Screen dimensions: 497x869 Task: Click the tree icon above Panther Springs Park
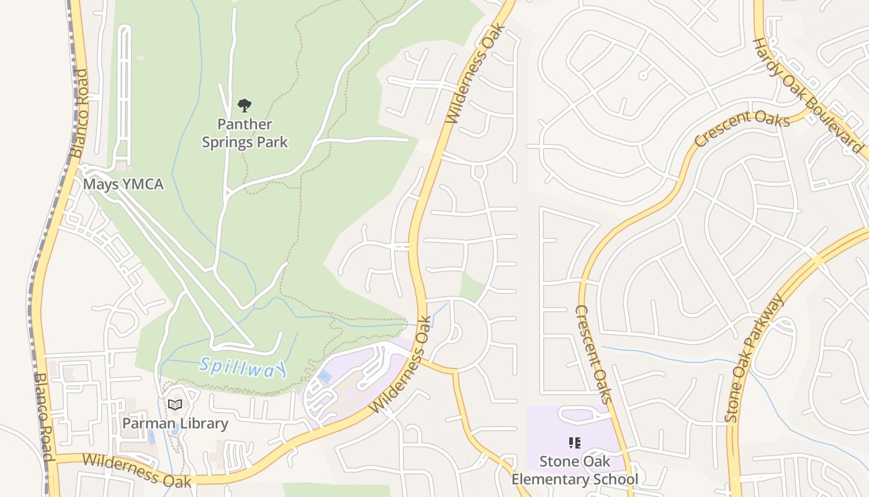point(245,105)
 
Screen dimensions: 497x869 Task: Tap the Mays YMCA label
point(123,185)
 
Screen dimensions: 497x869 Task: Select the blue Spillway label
point(243,367)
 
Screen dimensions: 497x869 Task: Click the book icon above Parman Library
point(175,405)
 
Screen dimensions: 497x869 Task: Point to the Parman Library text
point(175,424)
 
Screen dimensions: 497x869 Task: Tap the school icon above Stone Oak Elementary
point(574,443)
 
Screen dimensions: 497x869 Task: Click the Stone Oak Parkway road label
point(754,359)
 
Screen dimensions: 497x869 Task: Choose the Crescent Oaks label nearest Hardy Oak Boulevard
point(742,128)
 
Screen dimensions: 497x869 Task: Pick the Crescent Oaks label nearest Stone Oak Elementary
point(593,353)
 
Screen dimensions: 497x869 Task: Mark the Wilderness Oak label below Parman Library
point(137,470)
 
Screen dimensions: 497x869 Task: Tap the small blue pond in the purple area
point(324,376)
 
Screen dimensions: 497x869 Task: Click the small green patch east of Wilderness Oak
point(472,287)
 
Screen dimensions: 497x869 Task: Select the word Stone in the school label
point(557,462)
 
